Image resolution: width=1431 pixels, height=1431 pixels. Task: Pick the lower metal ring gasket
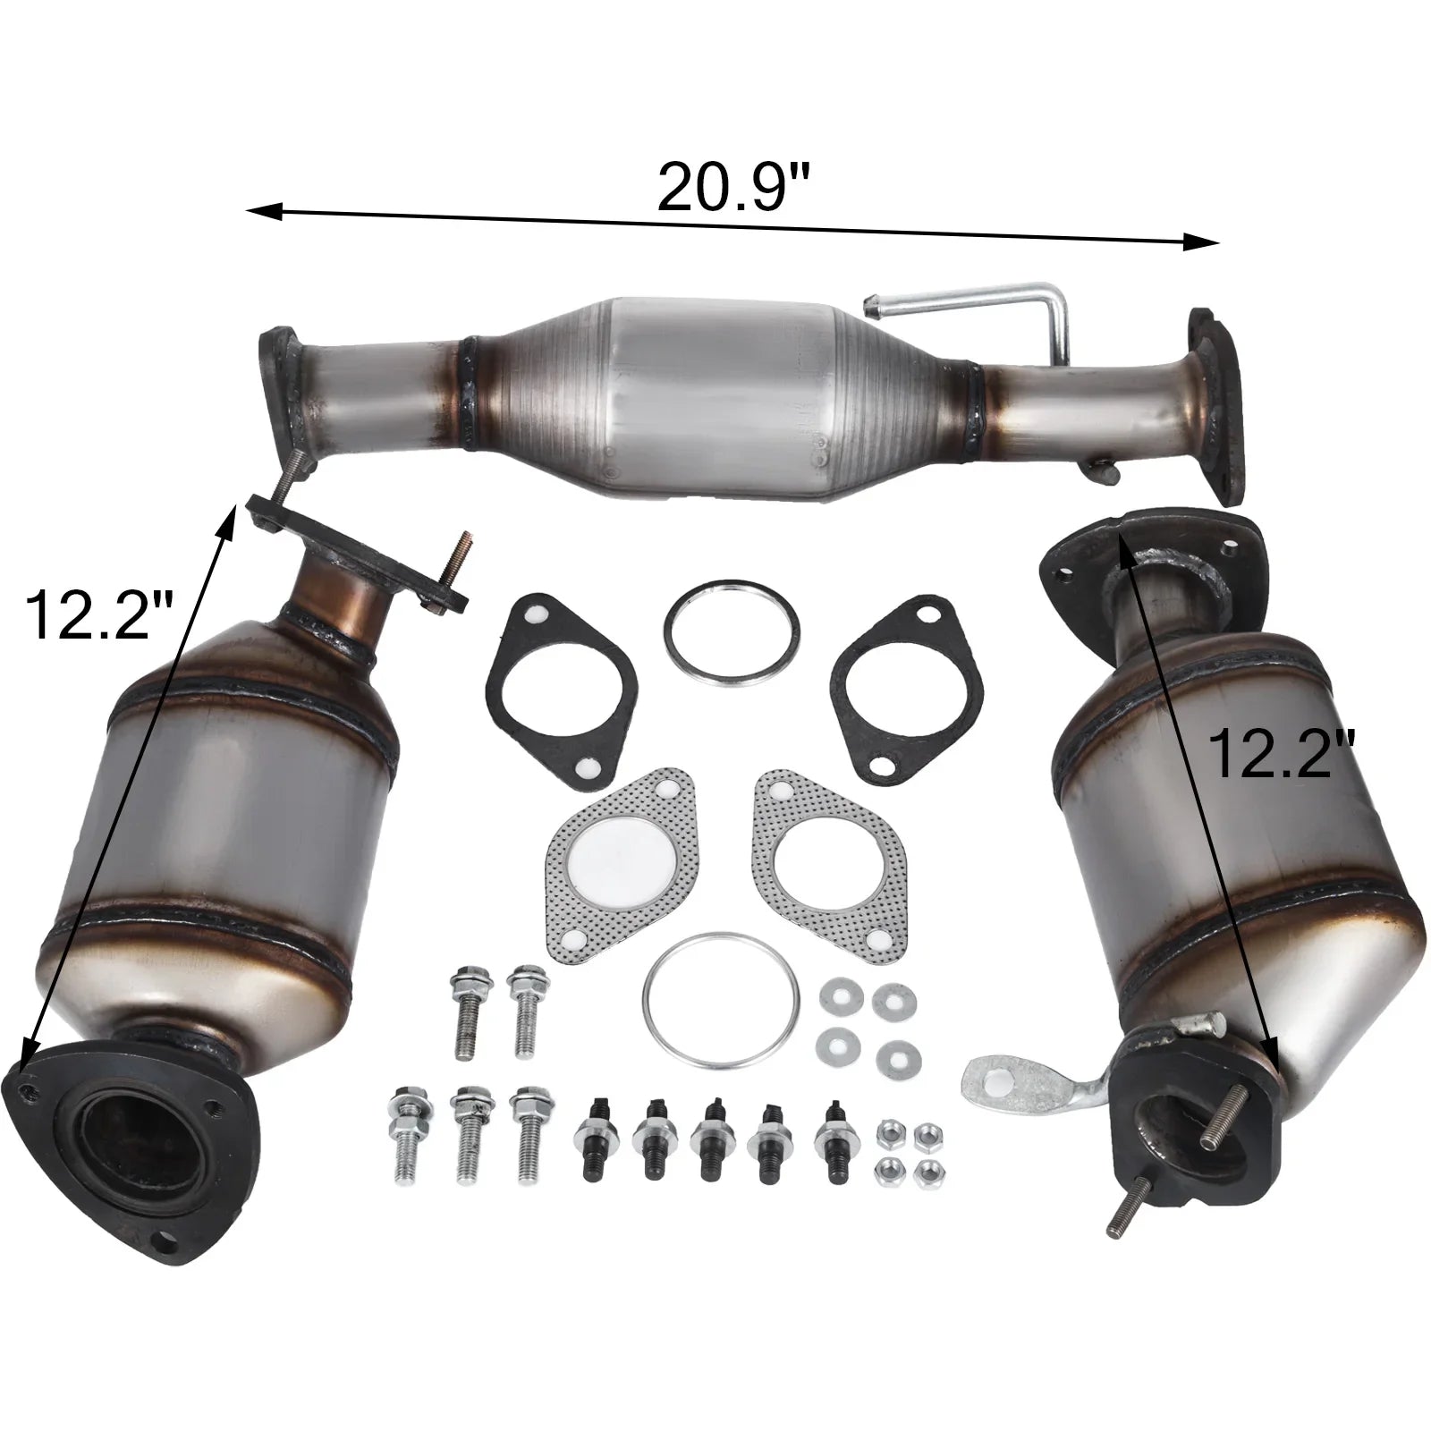coord(721,1001)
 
